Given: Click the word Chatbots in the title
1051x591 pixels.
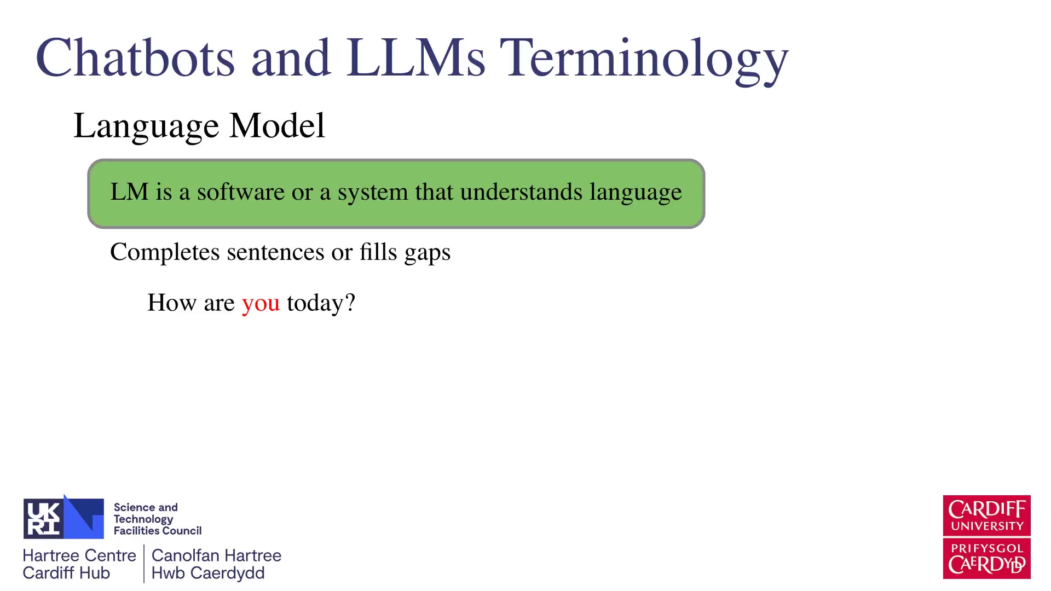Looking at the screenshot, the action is [136, 57].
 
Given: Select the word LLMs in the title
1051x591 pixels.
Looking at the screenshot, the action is [415, 57].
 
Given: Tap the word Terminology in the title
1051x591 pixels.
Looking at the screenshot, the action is [644, 60].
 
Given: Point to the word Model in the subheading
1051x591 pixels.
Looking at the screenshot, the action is [277, 125].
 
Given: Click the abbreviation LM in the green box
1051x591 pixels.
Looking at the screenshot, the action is [129, 192].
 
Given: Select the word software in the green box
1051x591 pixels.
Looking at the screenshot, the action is [241, 192].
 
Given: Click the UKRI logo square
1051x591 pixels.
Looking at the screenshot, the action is [63, 517].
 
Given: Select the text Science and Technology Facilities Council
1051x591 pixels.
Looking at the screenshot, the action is [158, 519].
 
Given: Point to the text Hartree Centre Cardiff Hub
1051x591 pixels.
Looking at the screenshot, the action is [79, 564].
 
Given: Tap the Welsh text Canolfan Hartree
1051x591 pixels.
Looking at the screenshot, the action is [216, 555].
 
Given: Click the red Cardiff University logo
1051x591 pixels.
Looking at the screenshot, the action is [986, 537].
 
